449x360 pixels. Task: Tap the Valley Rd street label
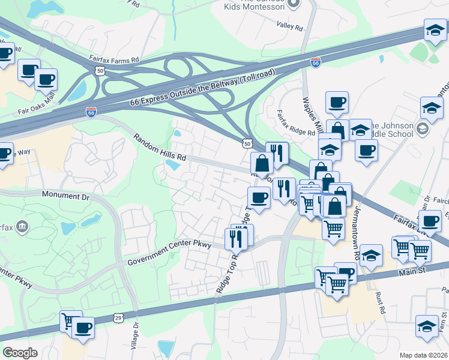pos(290,26)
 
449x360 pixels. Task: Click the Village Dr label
pos(134,338)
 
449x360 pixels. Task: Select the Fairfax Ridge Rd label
pos(295,122)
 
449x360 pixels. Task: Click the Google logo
pos(20,353)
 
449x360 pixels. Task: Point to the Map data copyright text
pos(424,355)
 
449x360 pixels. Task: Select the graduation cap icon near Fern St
pos(427,327)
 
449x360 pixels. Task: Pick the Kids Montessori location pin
pos(294,4)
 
